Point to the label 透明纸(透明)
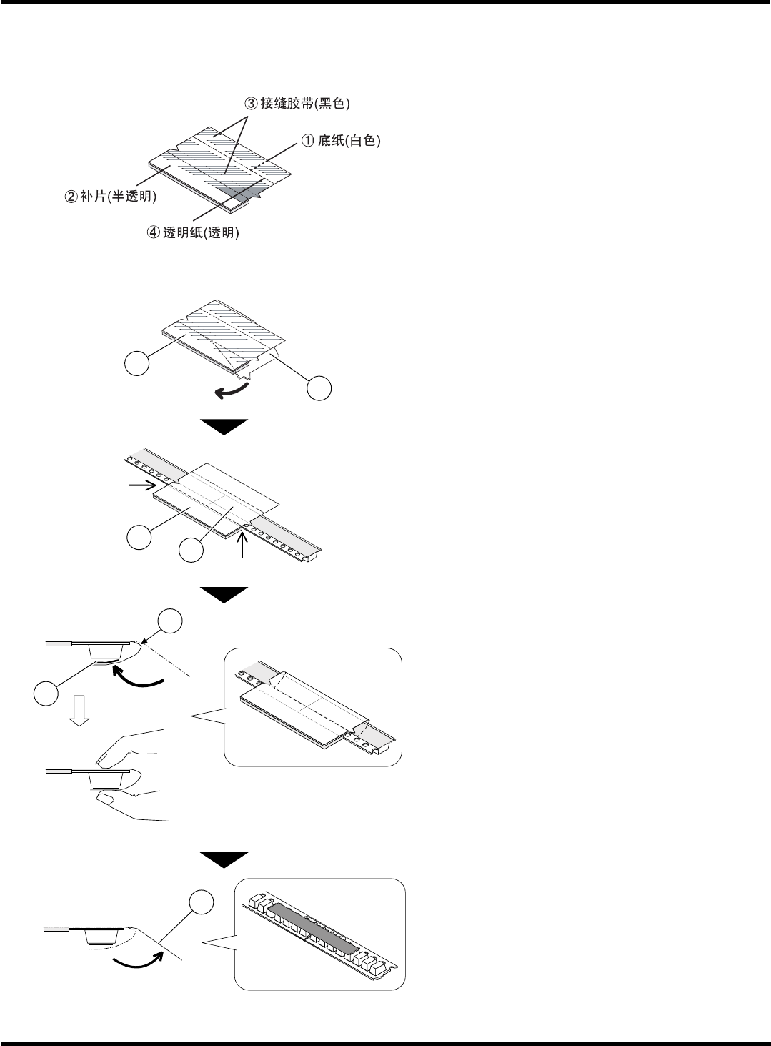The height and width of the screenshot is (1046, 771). (x=199, y=233)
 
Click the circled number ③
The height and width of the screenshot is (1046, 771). (x=250, y=104)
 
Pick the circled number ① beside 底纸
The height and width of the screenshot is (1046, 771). (x=307, y=142)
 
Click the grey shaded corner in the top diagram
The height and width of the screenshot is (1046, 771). (x=240, y=192)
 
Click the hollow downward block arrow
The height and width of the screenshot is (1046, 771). (x=80, y=711)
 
